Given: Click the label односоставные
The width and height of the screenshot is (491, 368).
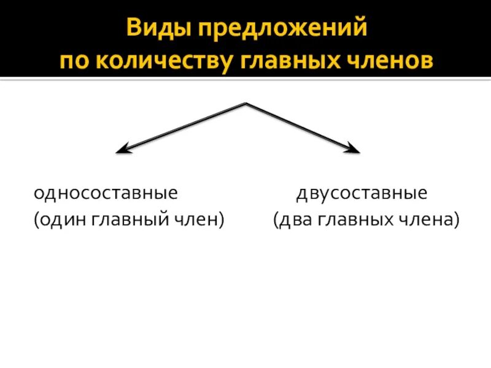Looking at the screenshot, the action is pyautogui.click(x=106, y=194).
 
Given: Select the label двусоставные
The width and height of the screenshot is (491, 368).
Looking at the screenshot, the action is pyautogui.click(x=362, y=194).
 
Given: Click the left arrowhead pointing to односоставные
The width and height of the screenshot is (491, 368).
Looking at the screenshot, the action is pyautogui.click(x=122, y=150).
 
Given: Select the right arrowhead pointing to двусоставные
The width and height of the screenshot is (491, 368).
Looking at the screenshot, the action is pyautogui.click(x=354, y=149).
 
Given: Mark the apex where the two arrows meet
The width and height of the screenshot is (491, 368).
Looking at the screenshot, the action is pyautogui.click(x=245, y=104).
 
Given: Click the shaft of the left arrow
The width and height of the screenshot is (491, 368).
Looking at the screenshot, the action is pyautogui.click(x=184, y=126).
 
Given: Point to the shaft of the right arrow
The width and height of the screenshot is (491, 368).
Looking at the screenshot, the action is pyautogui.click(x=301, y=126).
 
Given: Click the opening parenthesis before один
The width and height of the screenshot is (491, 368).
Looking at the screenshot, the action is pyautogui.click(x=36, y=220).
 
